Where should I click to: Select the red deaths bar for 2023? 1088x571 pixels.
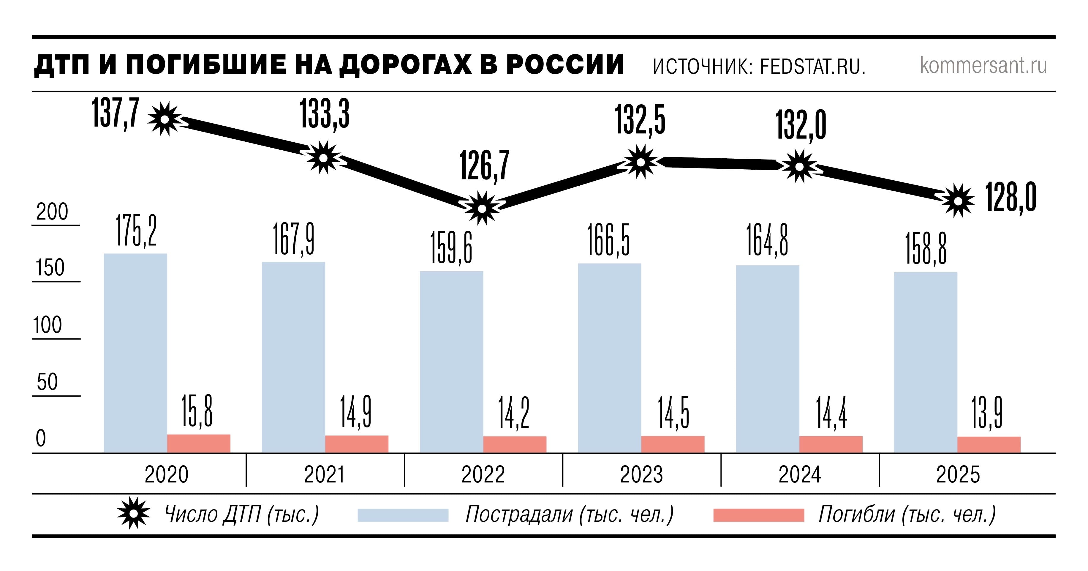[673, 444]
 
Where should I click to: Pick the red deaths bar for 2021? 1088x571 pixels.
[356, 444]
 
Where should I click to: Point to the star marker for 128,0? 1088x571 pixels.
[958, 201]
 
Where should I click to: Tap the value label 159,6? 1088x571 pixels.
[451, 248]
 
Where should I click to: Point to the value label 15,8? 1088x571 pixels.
[197, 411]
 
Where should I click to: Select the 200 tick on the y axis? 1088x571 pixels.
[52, 212]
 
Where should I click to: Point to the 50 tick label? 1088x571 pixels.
[47, 382]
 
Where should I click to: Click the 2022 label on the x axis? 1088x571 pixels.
[483, 474]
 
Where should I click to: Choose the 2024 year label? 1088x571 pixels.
[800, 474]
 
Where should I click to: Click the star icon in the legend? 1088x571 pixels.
[133, 514]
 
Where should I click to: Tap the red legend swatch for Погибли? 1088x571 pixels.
[759, 515]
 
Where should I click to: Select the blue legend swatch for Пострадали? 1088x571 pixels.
[403, 515]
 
